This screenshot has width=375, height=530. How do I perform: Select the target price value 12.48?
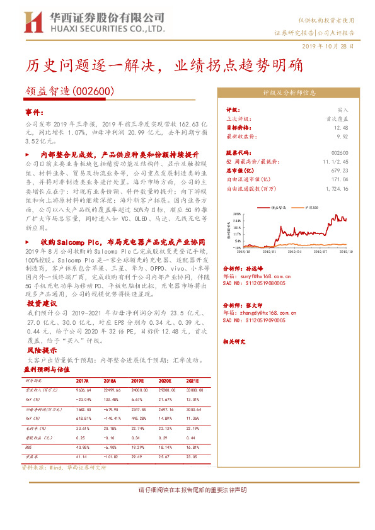point(341,127)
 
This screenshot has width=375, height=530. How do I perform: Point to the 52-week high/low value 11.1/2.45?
point(335,162)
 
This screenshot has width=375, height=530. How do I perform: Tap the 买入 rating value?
point(342,109)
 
